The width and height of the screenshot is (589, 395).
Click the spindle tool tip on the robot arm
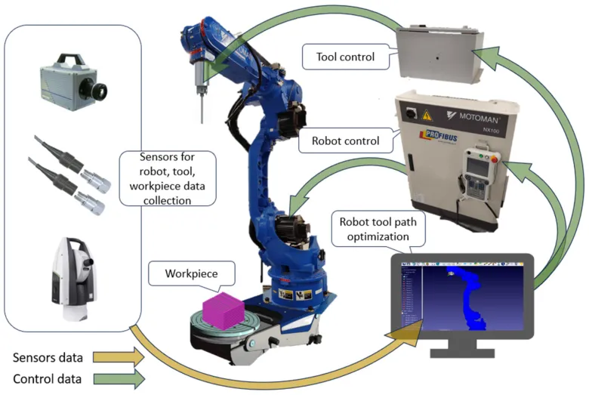[x=202, y=117]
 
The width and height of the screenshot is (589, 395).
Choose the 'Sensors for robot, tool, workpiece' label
[x=168, y=178]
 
